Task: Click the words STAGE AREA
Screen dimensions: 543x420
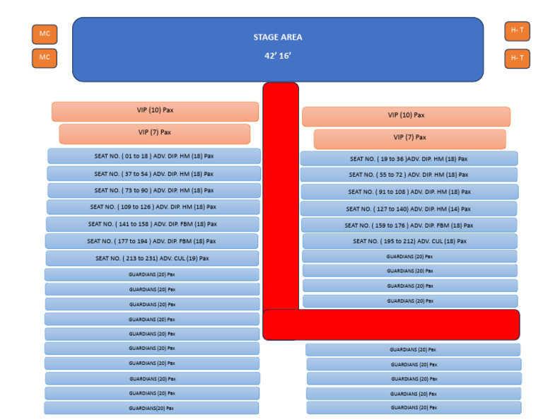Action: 277,37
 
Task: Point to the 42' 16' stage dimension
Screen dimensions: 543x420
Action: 277,54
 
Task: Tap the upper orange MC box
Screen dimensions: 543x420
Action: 44,34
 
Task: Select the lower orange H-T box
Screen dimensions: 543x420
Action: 517,59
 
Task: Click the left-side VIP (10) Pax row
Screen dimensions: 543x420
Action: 154,111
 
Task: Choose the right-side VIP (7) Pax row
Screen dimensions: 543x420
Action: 409,138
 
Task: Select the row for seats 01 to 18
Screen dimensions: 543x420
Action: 153,156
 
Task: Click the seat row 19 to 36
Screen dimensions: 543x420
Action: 408,159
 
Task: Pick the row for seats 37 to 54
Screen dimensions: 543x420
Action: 153,173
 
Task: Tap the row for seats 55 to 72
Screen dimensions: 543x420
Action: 408,175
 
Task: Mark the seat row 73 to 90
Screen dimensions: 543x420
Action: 153,190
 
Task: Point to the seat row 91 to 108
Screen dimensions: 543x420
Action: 409,192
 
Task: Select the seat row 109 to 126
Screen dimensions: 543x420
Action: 153,207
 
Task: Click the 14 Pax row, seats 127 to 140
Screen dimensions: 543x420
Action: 408,209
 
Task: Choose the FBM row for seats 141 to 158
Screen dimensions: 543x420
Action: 153,224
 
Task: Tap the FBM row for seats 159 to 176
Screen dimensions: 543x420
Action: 408,226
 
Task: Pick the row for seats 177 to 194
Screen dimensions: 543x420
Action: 152,241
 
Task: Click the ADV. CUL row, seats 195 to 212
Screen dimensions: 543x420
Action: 408,241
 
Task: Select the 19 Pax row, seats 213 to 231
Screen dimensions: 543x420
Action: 152,258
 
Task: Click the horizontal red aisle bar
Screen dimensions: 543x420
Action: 391,325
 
